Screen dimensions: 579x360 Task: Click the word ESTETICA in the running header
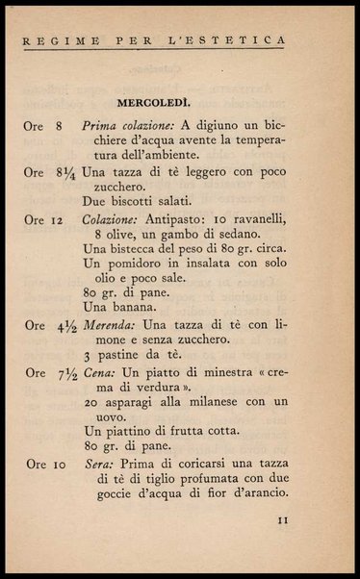[x=253, y=40]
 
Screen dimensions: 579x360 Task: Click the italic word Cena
[x=100, y=372]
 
